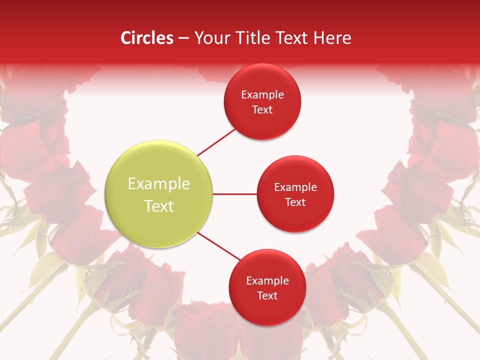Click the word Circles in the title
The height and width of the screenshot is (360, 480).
coord(147,38)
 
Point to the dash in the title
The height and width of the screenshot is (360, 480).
coord(183,38)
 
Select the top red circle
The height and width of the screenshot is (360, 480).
coord(262,102)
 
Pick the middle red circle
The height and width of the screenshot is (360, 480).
coord(295,194)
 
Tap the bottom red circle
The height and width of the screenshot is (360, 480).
coord(267,287)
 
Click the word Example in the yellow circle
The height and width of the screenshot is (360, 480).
coord(159,184)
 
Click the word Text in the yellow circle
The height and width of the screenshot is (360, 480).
coord(159,206)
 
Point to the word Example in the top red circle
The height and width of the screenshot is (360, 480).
coord(262,95)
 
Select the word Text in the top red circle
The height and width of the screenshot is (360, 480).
coord(262,110)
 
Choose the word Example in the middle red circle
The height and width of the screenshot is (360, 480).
coord(295,187)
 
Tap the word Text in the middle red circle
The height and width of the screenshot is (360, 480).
coord(295,202)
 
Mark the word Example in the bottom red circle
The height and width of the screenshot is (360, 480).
coord(267,281)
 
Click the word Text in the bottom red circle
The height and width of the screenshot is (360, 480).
coord(267,296)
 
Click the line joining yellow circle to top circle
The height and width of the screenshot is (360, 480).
coord(217,142)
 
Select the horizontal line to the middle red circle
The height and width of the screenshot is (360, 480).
coord(235,194)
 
